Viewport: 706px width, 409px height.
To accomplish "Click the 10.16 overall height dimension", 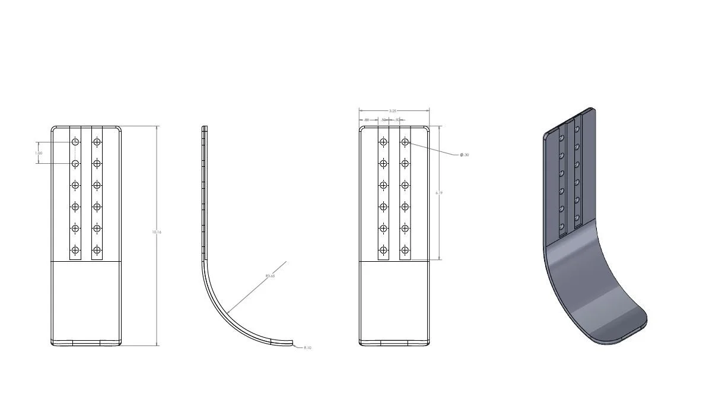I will (x=157, y=232).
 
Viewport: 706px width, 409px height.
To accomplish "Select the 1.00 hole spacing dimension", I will (x=39, y=153).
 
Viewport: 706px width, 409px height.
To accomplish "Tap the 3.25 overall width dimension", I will (x=393, y=111).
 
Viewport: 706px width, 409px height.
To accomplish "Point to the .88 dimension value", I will (x=367, y=121).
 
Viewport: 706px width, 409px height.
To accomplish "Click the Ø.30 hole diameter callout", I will (x=465, y=155).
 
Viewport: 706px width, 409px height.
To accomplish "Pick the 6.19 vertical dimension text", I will (x=438, y=193).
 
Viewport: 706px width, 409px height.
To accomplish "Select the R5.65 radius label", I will (x=271, y=275).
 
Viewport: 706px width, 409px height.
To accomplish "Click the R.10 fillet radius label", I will (x=307, y=348).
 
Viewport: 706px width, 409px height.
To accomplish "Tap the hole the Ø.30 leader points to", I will (x=405, y=142).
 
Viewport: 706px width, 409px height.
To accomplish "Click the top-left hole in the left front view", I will (x=75, y=142).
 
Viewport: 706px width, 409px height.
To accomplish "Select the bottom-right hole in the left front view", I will (x=97, y=250).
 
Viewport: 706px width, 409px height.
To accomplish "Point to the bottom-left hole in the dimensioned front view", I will (x=383, y=250).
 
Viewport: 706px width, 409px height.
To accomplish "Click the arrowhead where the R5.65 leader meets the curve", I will (x=227, y=312).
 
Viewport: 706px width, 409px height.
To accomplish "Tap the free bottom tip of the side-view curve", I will (x=292, y=342).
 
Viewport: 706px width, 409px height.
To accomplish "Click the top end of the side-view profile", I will (x=205, y=128).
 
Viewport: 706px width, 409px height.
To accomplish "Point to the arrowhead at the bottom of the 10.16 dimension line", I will (x=157, y=344).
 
